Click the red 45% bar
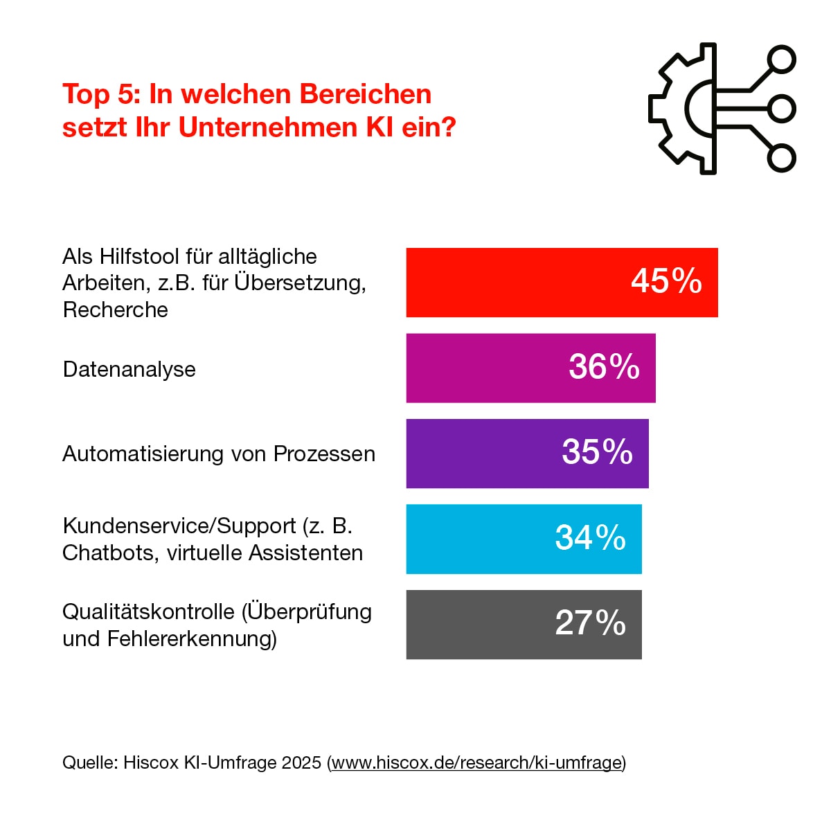point(519,283)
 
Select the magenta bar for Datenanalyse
point(485,368)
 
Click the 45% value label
point(666,281)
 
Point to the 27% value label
point(590,623)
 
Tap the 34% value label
point(590,538)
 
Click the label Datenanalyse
point(129,369)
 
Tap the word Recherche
point(115,310)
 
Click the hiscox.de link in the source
point(476,762)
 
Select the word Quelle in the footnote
point(89,762)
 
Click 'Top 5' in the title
point(102,94)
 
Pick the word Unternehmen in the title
point(267,127)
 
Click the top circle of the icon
point(782,60)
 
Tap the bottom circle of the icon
point(782,158)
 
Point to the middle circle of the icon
point(782,109)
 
